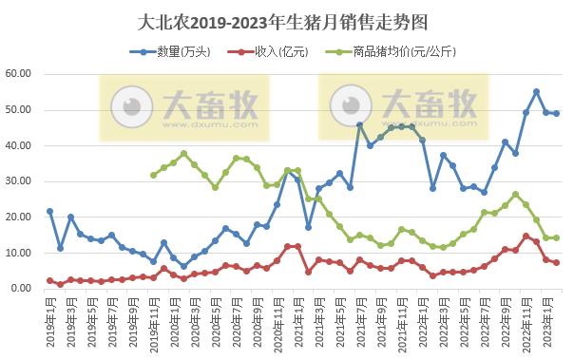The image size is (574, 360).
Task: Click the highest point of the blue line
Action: click(536, 91)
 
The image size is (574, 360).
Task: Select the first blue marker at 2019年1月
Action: click(49, 211)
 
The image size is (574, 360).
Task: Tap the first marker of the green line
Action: click(153, 175)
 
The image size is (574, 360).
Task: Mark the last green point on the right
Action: click(557, 237)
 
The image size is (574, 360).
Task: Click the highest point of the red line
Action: click(526, 236)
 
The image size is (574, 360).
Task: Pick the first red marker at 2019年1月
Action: click(49, 280)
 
